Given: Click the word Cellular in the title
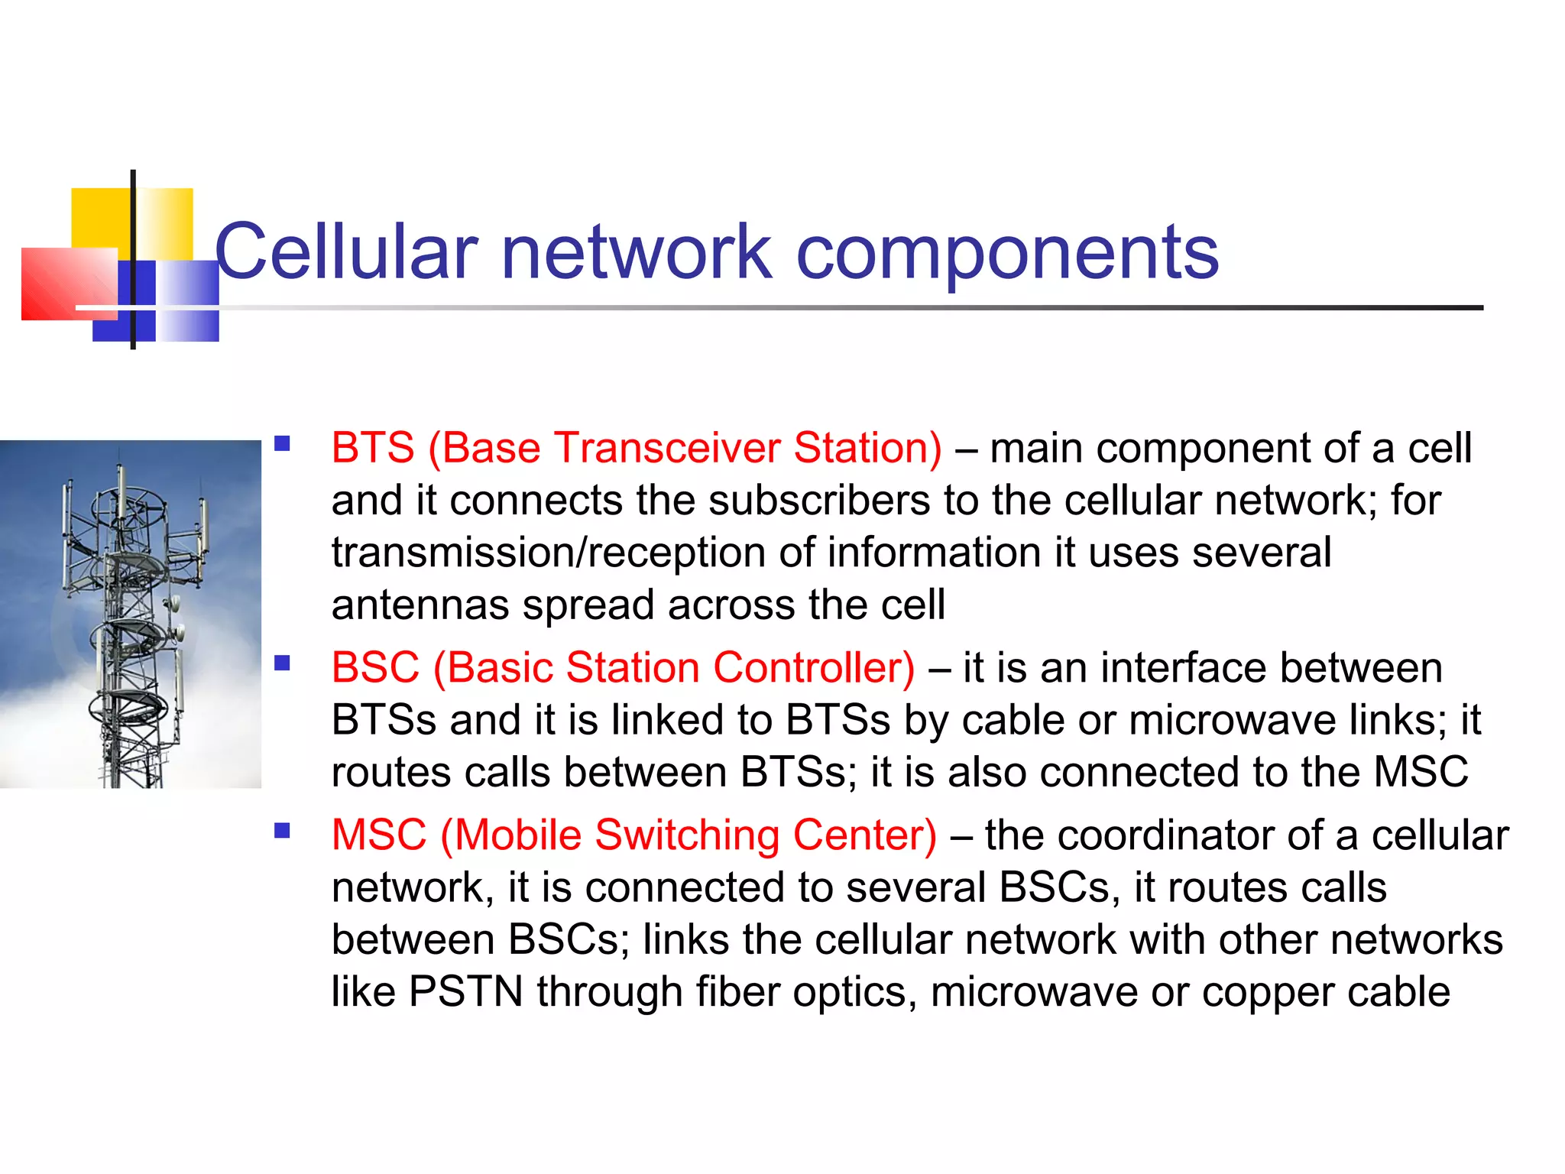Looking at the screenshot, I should click(x=345, y=252).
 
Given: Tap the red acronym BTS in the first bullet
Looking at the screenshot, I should click(x=373, y=448).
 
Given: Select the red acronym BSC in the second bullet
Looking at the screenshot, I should click(x=375, y=668).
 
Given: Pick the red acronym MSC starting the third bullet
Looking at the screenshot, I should click(x=379, y=835).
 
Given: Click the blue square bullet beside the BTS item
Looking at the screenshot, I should click(x=283, y=443).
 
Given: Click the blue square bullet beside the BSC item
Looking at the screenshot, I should click(x=283, y=663).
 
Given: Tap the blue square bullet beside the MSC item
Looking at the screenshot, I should click(x=283, y=830).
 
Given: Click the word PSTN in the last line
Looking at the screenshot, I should click(x=465, y=992).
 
